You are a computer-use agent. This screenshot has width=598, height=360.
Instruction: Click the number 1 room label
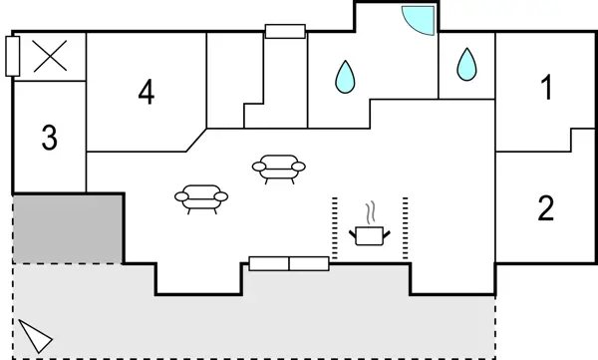[x=545, y=90]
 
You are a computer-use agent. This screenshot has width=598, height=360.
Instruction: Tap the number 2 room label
[x=545, y=209]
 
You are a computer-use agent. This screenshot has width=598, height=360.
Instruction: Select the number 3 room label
[x=49, y=139]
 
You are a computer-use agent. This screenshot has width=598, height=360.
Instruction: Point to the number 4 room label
[x=147, y=93]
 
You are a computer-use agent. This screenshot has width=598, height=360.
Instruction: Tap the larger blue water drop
[x=346, y=76]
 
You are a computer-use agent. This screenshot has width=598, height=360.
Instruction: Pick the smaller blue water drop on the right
[x=465, y=65]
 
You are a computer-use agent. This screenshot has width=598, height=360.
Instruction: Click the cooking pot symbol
[x=370, y=236]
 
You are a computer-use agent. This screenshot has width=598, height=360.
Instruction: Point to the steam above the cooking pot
[x=371, y=212]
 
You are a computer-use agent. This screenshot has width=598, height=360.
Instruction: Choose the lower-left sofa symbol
[x=202, y=198]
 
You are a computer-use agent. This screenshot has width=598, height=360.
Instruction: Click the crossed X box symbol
[x=49, y=55]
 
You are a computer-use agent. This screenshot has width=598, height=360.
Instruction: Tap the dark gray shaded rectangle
[x=67, y=228]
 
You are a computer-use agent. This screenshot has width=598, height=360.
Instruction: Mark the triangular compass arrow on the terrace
[x=36, y=337]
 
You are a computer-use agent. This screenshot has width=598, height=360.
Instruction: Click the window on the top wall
[x=285, y=32]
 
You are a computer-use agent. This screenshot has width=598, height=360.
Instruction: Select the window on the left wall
[x=12, y=56]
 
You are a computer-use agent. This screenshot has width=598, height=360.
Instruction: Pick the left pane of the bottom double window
[x=268, y=263]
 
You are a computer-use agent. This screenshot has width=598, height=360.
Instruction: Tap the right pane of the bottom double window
[x=309, y=263]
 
